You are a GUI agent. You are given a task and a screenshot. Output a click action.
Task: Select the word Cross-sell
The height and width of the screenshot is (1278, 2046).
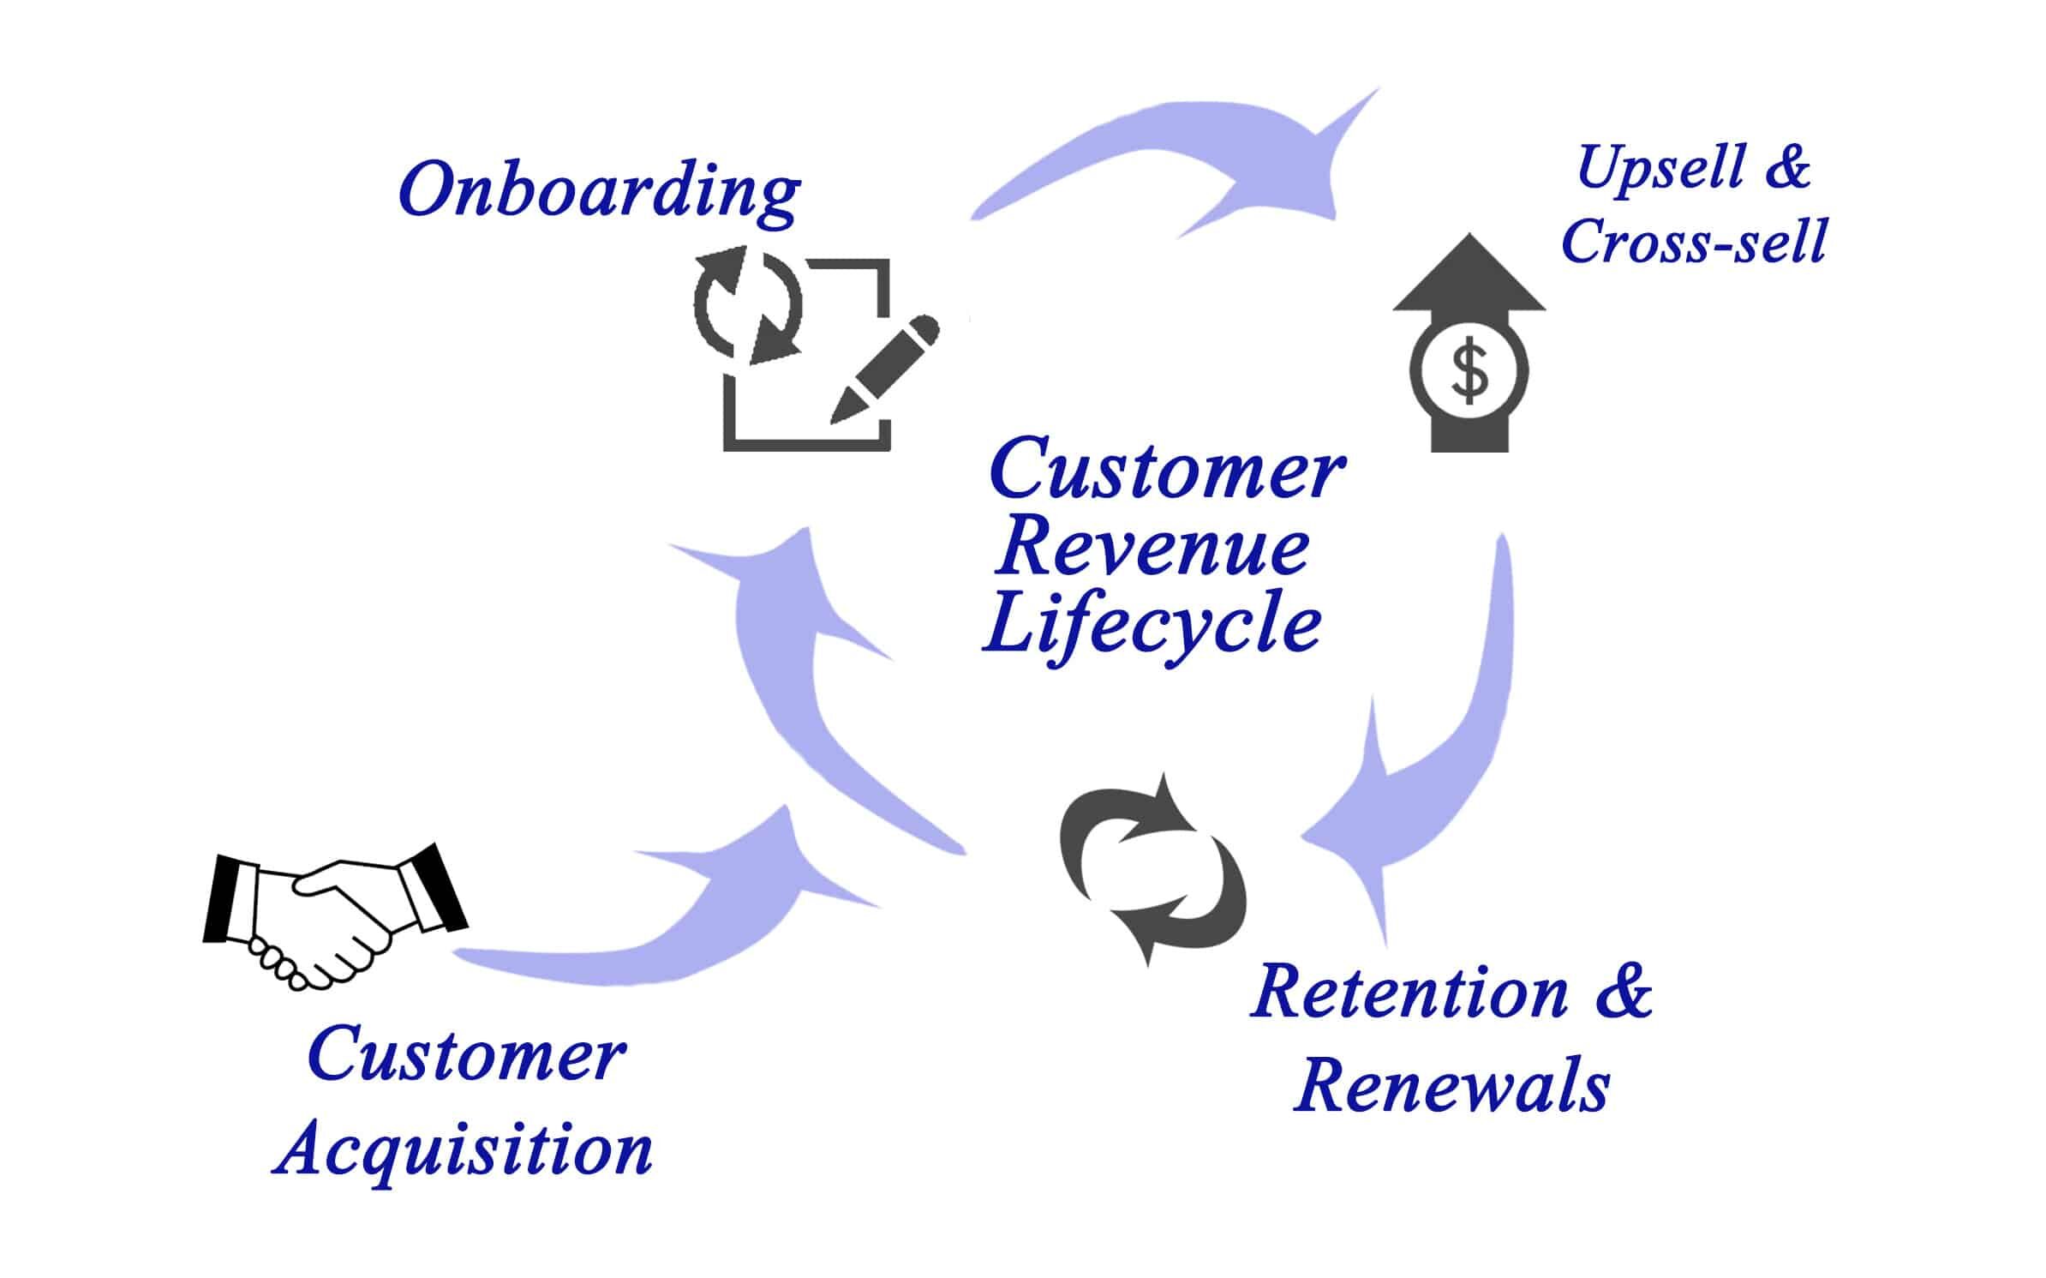click(x=1694, y=241)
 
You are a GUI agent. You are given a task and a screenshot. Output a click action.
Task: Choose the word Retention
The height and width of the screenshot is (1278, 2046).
click(x=1409, y=993)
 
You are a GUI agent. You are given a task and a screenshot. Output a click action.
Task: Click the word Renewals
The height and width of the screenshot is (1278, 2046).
click(x=1451, y=1087)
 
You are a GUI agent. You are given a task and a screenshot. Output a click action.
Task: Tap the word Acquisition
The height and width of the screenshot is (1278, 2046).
click(x=464, y=1150)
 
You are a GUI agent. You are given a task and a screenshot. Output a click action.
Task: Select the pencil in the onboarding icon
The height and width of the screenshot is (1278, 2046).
click(x=883, y=369)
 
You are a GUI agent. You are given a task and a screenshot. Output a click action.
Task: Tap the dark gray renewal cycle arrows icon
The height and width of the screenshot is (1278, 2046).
click(x=1152, y=870)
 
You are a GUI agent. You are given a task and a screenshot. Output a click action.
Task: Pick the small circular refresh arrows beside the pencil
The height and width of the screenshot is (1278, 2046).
click(x=747, y=303)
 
